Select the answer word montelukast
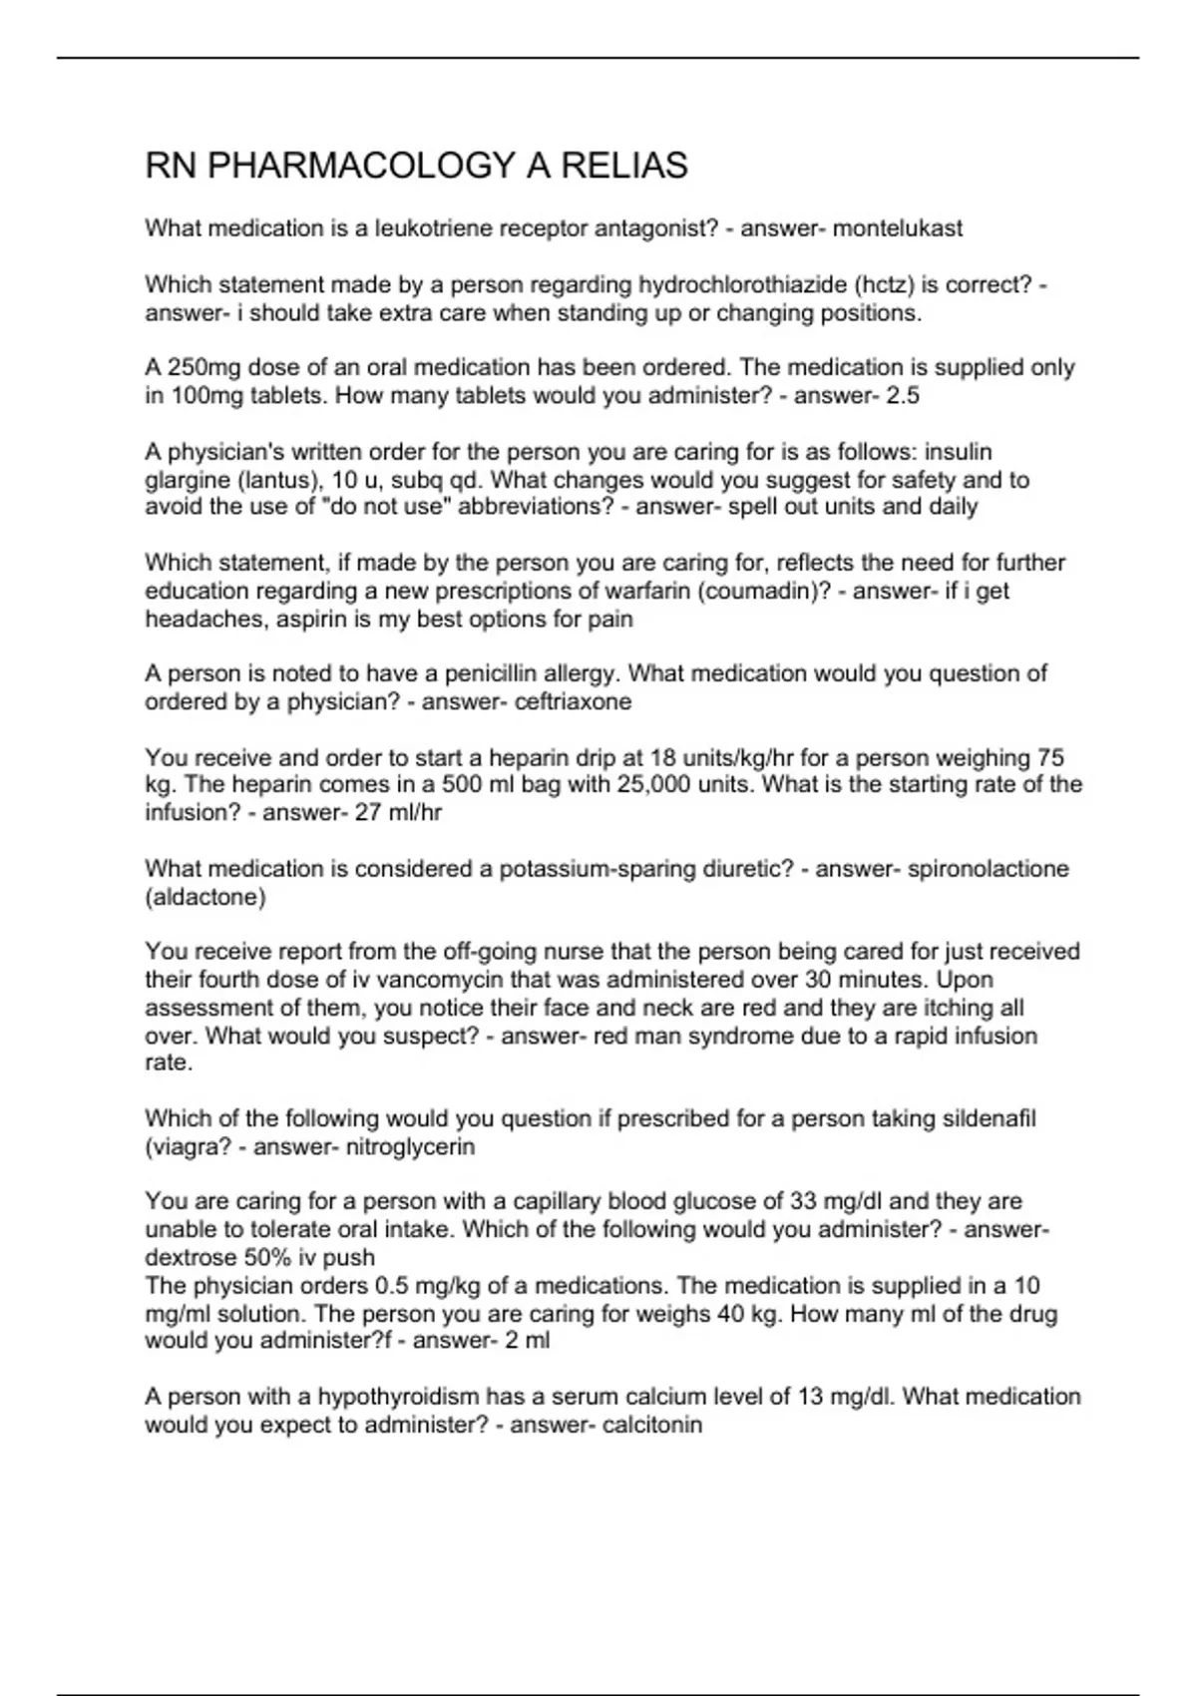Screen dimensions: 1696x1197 (x=898, y=228)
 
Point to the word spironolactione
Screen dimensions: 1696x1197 (x=988, y=869)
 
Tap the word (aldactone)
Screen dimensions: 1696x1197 (x=205, y=897)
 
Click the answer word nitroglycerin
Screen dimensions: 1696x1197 (x=410, y=1146)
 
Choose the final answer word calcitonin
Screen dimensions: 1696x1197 (x=652, y=1424)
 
